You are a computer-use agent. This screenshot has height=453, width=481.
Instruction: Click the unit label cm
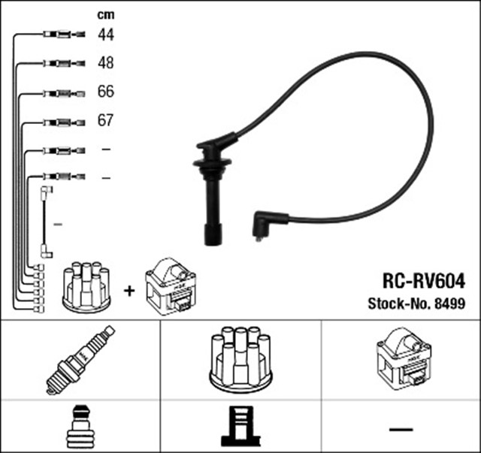click(x=105, y=14)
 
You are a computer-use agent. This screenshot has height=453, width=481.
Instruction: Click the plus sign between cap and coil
click(x=129, y=291)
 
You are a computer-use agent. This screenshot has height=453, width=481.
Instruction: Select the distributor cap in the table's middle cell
click(x=240, y=358)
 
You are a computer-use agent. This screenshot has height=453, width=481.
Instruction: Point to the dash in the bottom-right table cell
click(x=401, y=429)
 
